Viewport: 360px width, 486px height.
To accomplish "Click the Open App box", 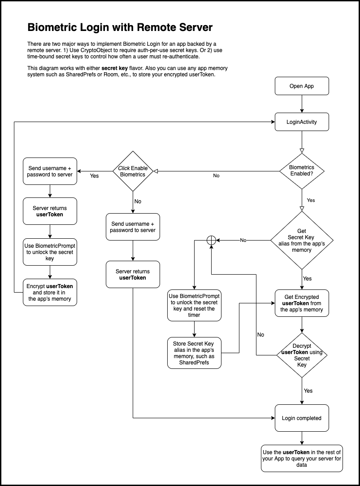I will point(302,86).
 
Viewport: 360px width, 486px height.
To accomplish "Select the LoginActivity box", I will point(302,122).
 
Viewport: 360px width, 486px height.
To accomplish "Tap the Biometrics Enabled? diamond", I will point(302,171).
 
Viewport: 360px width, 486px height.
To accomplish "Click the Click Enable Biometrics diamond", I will point(133,171).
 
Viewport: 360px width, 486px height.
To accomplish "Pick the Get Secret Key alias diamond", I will point(302,241).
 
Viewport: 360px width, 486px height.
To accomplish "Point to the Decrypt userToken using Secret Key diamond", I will point(302,355).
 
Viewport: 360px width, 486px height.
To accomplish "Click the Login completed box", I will point(302,418).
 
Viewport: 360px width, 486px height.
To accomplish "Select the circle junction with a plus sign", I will point(211,241).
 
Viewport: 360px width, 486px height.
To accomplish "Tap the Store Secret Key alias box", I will point(194,353).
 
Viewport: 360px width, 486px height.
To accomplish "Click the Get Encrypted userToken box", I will point(302,303).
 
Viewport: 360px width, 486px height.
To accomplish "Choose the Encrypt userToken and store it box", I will point(50,293).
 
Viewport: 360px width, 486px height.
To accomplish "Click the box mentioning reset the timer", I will point(194,306).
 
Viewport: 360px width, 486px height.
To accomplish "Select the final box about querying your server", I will point(302,458).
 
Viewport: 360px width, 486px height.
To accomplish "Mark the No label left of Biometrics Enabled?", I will point(216,176).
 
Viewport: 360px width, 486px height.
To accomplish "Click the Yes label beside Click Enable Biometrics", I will point(94,176).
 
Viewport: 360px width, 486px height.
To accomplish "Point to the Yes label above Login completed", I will point(308,391).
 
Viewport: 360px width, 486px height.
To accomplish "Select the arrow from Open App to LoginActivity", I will point(302,104).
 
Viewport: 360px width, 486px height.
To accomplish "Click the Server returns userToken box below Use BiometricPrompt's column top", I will point(50,211).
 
